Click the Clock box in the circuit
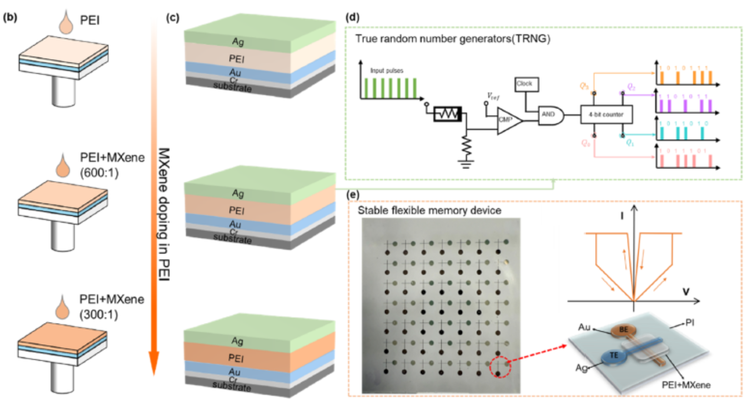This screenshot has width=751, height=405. [x=527, y=84]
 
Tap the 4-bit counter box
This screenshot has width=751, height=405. [x=606, y=115]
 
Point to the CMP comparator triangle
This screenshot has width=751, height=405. [x=508, y=120]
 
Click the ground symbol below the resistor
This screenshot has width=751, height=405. [x=466, y=164]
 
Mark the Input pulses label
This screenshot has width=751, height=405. [x=387, y=70]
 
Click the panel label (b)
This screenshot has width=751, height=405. [x=10, y=17]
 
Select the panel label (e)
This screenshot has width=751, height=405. [x=353, y=194]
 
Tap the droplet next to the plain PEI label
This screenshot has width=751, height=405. [x=66, y=22]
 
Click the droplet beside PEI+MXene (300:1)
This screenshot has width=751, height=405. [x=63, y=307]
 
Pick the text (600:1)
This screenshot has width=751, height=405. [x=99, y=173]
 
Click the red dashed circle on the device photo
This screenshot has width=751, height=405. [x=500, y=367]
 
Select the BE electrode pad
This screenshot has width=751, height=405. [x=623, y=330]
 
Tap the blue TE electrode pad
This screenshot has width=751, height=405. [x=613, y=356]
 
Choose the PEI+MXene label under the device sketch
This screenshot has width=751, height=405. [x=686, y=385]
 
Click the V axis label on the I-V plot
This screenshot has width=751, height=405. [x=686, y=292]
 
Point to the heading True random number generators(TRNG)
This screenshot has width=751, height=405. [x=453, y=39]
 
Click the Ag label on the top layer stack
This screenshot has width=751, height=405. [x=238, y=42]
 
